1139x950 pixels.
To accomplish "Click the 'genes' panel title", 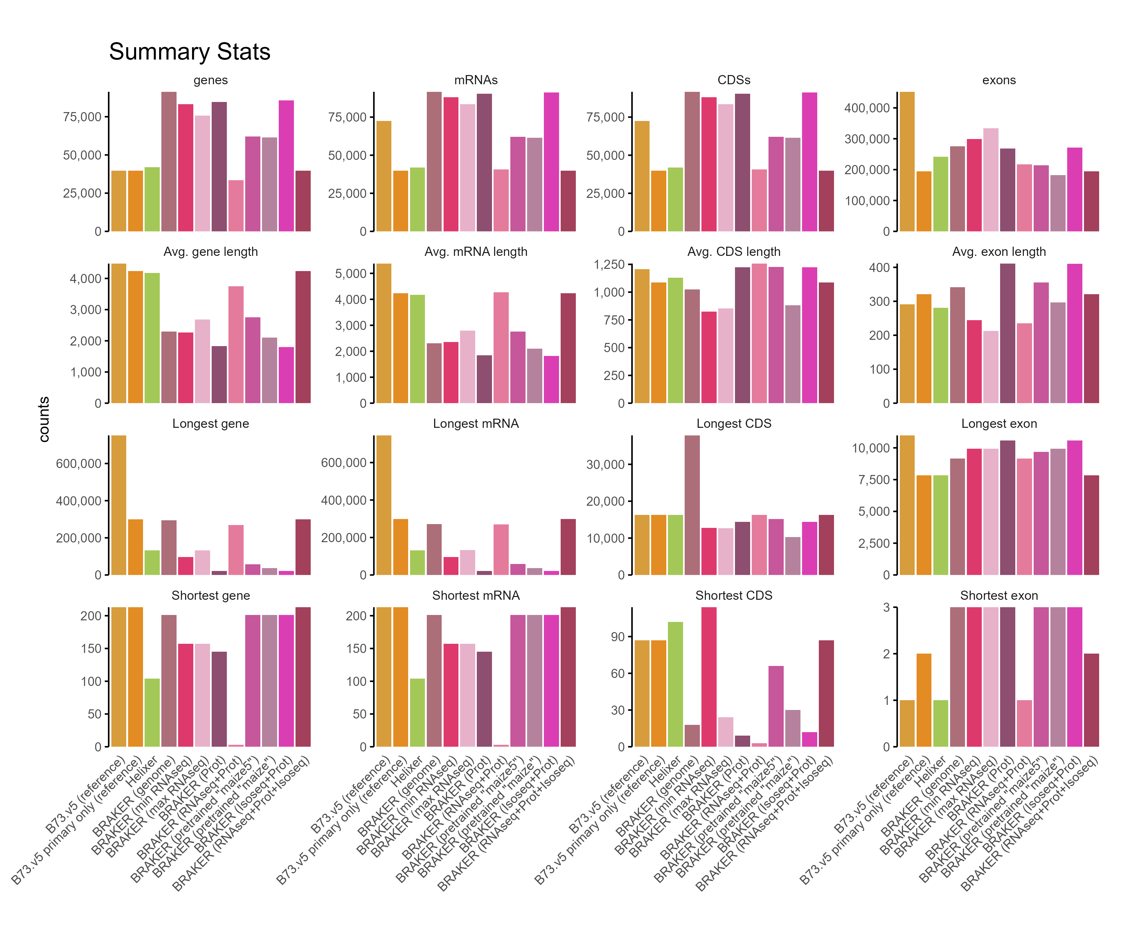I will [210, 80].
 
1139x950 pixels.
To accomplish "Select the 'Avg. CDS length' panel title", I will [733, 252].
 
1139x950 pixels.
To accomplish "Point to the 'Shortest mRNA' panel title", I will [476, 596].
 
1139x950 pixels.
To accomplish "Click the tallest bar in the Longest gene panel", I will [119, 505].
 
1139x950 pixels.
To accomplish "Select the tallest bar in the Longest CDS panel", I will [692, 505].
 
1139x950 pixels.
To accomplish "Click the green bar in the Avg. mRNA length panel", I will [418, 349].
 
